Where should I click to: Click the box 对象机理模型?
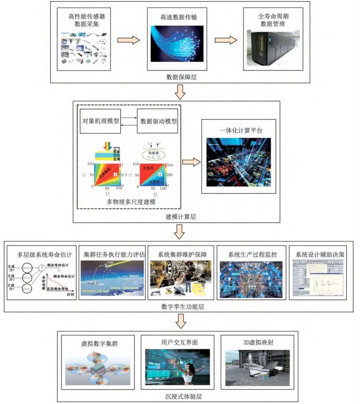101,120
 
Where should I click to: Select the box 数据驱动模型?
159,120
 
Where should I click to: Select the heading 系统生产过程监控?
250,254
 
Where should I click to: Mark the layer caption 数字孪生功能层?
179,307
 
